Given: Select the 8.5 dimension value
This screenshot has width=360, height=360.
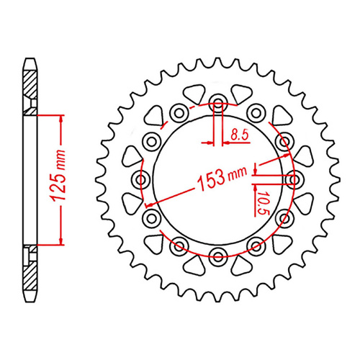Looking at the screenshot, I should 240,134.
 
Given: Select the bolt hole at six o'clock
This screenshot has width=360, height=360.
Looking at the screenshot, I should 218,253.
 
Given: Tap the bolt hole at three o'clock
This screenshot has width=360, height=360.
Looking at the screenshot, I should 294,177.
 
